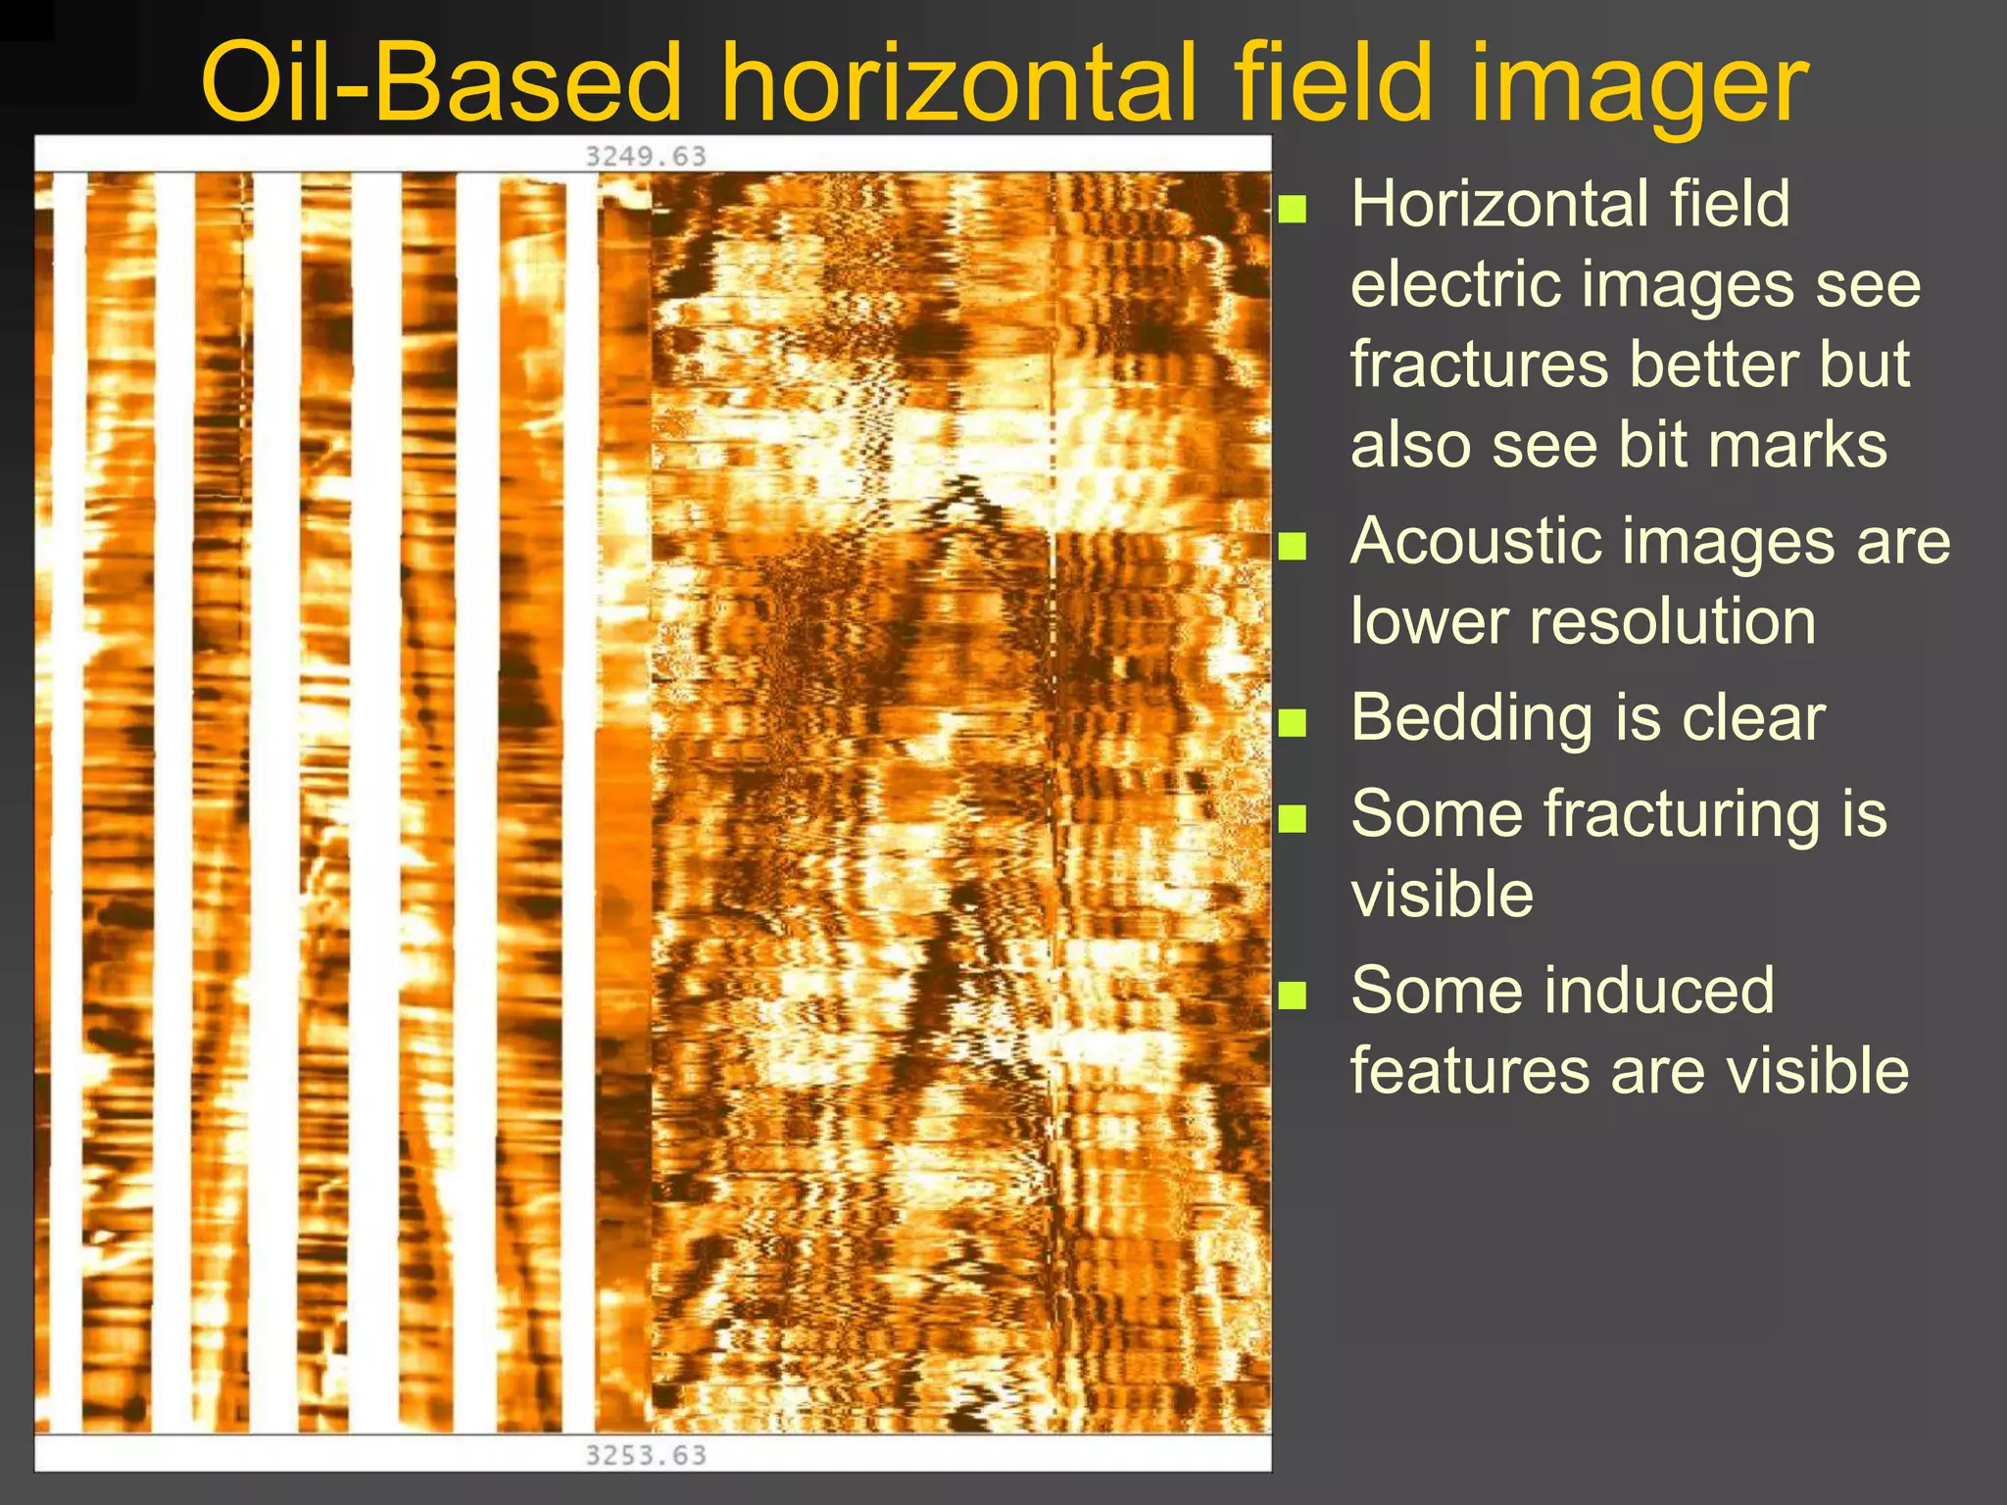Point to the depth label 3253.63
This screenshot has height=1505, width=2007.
click(646, 1455)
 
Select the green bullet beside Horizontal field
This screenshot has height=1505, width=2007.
click(1293, 209)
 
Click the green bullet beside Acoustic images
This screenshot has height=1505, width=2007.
click(1293, 546)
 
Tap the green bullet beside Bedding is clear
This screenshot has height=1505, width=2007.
click(1293, 722)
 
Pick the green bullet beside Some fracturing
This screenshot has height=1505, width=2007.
click(1293, 818)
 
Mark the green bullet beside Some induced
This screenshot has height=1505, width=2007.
click(1293, 995)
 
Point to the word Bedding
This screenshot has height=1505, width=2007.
click(1473, 719)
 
